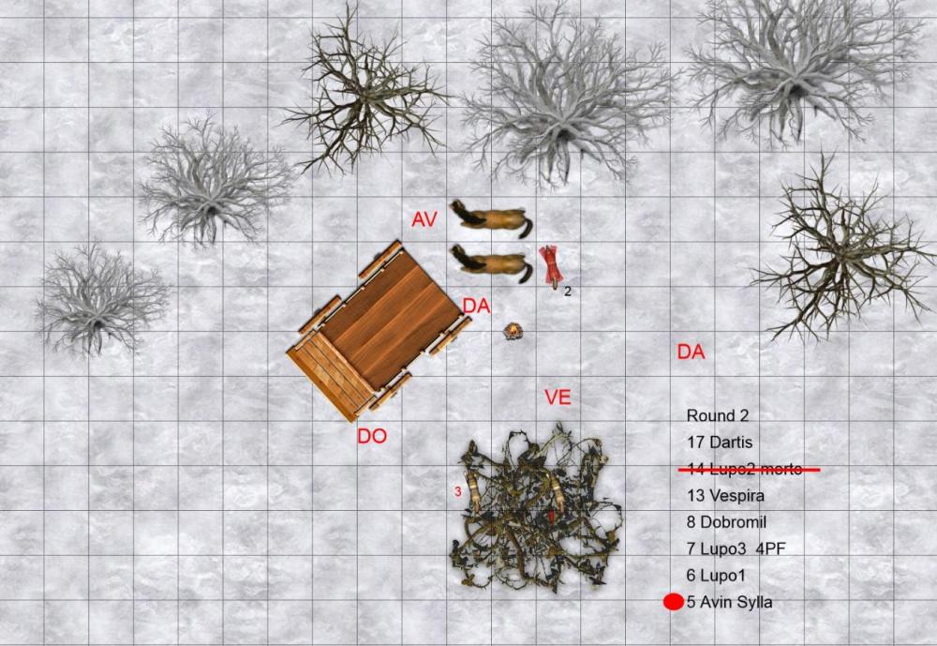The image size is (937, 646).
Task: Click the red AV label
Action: [x=424, y=219]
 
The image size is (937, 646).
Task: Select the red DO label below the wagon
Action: [x=372, y=436]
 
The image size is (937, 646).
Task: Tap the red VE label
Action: [x=558, y=398]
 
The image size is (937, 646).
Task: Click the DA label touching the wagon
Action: [x=476, y=307]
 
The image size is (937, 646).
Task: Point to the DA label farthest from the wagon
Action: [x=691, y=352]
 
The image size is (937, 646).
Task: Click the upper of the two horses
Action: [x=491, y=218]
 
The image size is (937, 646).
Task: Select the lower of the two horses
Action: [x=491, y=263]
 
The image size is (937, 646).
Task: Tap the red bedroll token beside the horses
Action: [x=551, y=264]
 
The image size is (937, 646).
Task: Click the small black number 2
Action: [x=568, y=292]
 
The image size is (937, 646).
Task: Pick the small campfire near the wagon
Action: [x=513, y=331]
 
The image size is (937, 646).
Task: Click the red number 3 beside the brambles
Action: [x=458, y=491]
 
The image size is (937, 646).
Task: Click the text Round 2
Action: [x=717, y=415]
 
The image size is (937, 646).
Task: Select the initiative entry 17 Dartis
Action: [x=720, y=442]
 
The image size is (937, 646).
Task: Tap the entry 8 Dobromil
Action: [x=726, y=521]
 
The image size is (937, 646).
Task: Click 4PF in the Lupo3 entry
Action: [x=770, y=548]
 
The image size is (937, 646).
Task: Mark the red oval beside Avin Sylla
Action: [x=674, y=602]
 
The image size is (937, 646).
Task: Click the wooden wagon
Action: [x=379, y=331]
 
